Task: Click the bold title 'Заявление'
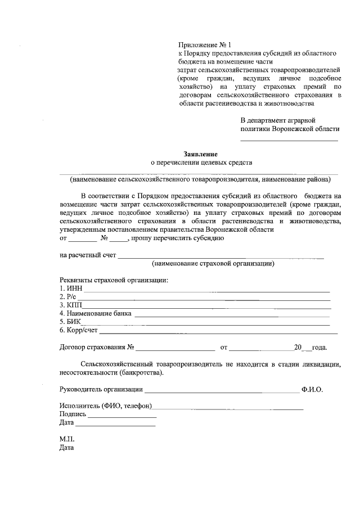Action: [x=200, y=154]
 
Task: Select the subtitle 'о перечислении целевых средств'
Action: [x=200, y=163]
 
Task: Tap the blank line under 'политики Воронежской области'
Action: [x=289, y=139]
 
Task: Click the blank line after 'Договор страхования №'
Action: [x=175, y=349]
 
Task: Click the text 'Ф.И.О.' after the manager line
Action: [x=312, y=389]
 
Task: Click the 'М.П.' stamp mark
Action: [x=66, y=439]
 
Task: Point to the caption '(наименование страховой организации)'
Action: [x=213, y=263]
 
